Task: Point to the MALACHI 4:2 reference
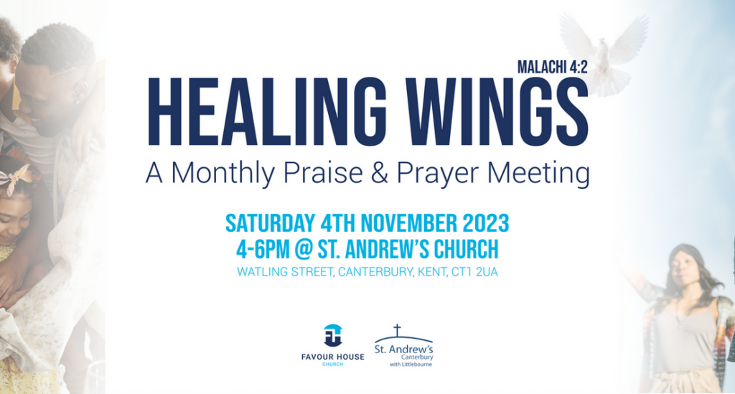coord(552,67)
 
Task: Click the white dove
coord(604,52)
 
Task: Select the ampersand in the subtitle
coord(380,172)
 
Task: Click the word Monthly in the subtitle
coord(223,174)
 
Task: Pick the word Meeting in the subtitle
coord(538,174)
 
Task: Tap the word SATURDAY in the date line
coord(271,223)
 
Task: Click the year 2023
coord(486,223)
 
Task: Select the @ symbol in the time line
coord(304,249)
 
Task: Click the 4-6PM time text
coord(263,249)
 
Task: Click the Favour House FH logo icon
coord(333,335)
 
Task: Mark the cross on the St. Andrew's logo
coord(397,330)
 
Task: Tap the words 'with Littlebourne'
coord(411,365)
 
